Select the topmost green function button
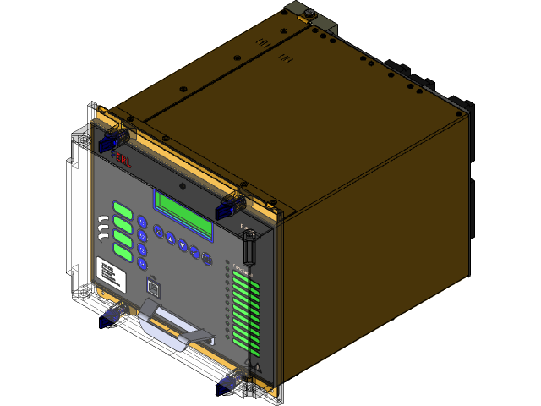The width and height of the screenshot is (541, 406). pos(123,210)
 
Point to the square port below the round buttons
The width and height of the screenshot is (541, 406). pos(153,287)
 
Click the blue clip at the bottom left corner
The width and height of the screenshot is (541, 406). pos(110,316)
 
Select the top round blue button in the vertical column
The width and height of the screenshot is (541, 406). pos(142,222)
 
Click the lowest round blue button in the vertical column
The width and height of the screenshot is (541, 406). pos(142,263)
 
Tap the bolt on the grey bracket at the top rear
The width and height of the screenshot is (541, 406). pos(310,14)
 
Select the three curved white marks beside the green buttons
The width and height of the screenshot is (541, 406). pos(103,225)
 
